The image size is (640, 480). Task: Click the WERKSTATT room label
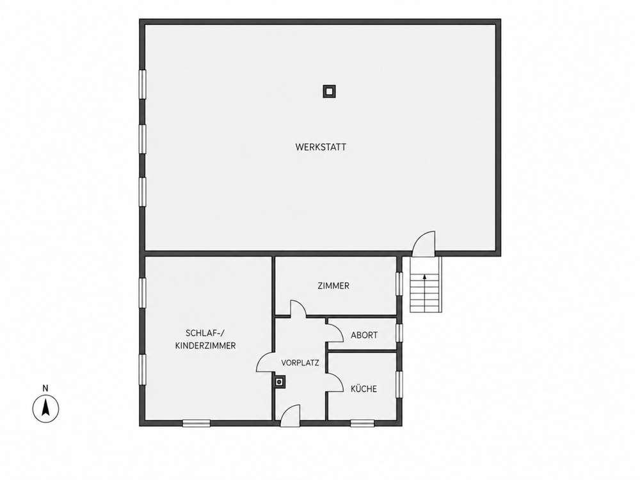tap(321, 147)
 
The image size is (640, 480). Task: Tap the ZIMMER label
tap(333, 285)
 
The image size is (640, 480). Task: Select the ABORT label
tap(364, 335)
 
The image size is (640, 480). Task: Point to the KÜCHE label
tap(364, 388)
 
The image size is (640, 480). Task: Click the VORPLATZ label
tap(300, 362)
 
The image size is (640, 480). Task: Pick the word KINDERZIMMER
tap(205, 346)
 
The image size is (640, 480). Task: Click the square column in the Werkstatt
tap(330, 92)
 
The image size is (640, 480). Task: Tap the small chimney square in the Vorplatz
tap(280, 382)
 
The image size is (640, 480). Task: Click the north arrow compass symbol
tap(45, 408)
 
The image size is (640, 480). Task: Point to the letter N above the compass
tap(45, 388)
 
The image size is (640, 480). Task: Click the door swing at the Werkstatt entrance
tap(424, 244)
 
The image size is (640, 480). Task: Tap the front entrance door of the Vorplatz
tap(290, 415)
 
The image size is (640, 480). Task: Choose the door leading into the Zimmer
tap(298, 308)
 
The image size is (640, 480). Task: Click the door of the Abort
tap(335, 330)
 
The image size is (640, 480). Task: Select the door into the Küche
tap(335, 383)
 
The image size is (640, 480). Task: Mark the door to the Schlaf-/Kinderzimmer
tap(264, 362)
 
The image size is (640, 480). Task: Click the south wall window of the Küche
tap(362, 423)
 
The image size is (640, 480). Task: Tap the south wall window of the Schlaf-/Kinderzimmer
tap(196, 423)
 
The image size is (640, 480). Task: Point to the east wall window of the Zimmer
tap(399, 284)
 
